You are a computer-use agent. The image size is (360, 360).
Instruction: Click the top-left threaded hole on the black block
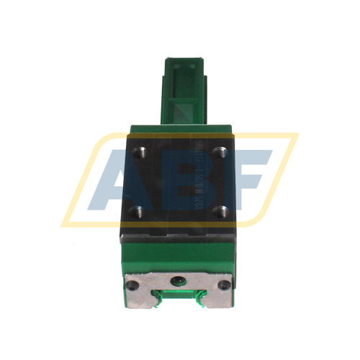point(140,152)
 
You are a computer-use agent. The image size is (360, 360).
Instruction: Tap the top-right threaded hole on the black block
point(222,152)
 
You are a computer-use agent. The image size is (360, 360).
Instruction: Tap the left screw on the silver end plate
point(132,284)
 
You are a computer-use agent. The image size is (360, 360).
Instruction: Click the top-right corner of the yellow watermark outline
point(296,135)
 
